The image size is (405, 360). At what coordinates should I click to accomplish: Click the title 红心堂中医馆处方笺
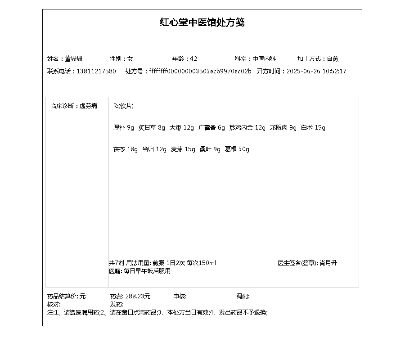(202, 22)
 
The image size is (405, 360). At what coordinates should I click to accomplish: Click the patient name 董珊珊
(73, 58)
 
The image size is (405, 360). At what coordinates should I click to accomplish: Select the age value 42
(193, 58)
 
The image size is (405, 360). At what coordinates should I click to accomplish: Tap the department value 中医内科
(264, 58)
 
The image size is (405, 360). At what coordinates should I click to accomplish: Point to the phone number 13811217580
(96, 71)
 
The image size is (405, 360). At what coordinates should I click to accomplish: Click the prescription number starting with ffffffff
(200, 71)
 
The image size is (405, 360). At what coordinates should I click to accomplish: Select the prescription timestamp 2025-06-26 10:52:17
(316, 71)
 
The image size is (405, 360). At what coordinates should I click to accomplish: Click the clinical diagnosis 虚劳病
(88, 106)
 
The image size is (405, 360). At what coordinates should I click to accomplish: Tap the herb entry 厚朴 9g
(124, 128)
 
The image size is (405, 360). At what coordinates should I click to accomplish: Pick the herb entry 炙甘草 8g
(152, 128)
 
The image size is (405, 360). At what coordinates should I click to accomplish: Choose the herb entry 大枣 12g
(182, 128)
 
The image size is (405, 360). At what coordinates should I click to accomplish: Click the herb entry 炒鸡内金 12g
(247, 128)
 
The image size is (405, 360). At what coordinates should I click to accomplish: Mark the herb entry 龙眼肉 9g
(283, 128)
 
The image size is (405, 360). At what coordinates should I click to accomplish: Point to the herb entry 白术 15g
(313, 128)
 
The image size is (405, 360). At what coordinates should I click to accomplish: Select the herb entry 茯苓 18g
(126, 149)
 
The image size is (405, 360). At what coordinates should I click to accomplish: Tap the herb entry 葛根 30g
(237, 149)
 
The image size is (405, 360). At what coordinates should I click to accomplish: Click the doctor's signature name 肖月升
(328, 263)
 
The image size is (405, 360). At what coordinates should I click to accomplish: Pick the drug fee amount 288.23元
(138, 297)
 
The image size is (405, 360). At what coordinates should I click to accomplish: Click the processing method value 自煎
(333, 58)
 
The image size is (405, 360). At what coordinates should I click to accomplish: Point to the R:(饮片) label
(123, 106)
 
